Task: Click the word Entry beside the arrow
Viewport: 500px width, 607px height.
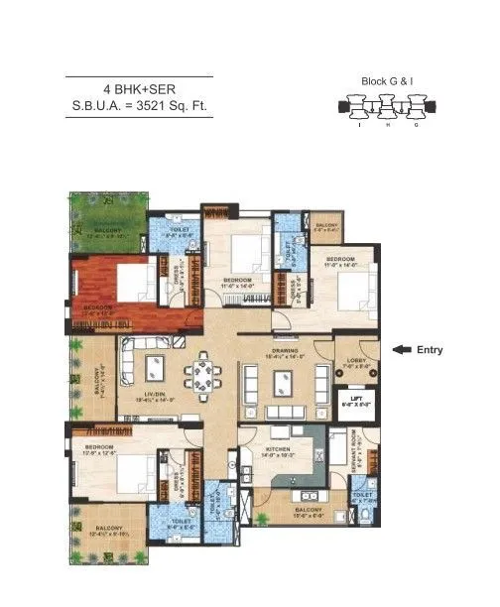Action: (x=431, y=349)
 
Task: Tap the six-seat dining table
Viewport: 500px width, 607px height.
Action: (x=202, y=375)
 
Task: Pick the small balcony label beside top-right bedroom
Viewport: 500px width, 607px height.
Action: (x=327, y=227)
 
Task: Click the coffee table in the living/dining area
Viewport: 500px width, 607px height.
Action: (x=156, y=368)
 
